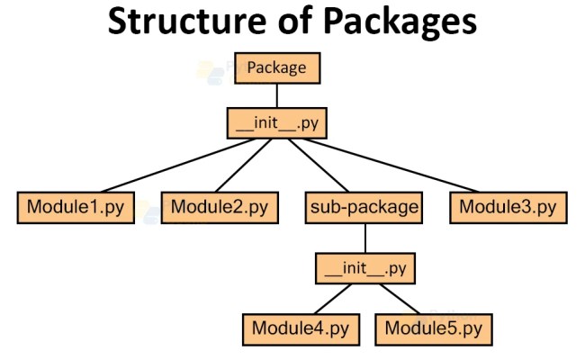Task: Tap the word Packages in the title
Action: pos(392,22)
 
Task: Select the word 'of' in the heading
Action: pos(287,22)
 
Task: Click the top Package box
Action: pos(276,67)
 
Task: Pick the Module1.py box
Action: pos(76,208)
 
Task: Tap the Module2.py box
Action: pos(220,208)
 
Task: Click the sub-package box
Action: pos(364,208)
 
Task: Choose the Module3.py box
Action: pos(508,208)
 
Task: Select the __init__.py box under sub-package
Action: pos(364,267)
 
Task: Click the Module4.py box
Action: pos(300,328)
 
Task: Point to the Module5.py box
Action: pos(434,328)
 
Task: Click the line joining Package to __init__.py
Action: pos(276,94)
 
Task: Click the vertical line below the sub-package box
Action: pos(364,238)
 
